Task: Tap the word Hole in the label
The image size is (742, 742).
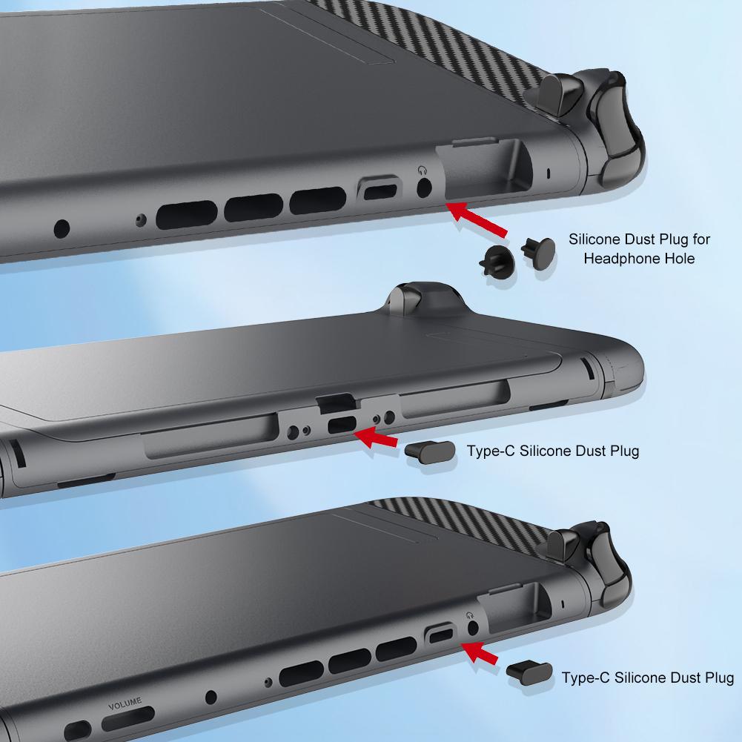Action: tap(678, 259)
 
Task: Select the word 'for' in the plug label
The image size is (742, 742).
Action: tap(701, 239)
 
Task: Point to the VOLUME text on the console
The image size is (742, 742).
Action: tap(125, 703)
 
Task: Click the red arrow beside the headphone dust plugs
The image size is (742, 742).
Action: tap(477, 218)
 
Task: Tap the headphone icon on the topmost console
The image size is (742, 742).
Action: tap(422, 170)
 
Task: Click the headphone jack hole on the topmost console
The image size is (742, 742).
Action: tap(424, 188)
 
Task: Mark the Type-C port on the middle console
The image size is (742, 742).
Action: tap(342, 425)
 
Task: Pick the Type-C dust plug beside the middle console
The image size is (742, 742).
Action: tap(430, 451)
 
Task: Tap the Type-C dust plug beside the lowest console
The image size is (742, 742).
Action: tap(529, 673)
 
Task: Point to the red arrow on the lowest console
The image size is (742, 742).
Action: tap(479, 652)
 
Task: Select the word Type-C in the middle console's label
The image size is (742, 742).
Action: tap(491, 451)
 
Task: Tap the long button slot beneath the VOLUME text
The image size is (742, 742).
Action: tap(127, 719)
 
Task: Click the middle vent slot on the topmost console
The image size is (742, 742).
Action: tap(254, 208)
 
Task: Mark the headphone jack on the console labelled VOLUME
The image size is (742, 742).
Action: tap(472, 628)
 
